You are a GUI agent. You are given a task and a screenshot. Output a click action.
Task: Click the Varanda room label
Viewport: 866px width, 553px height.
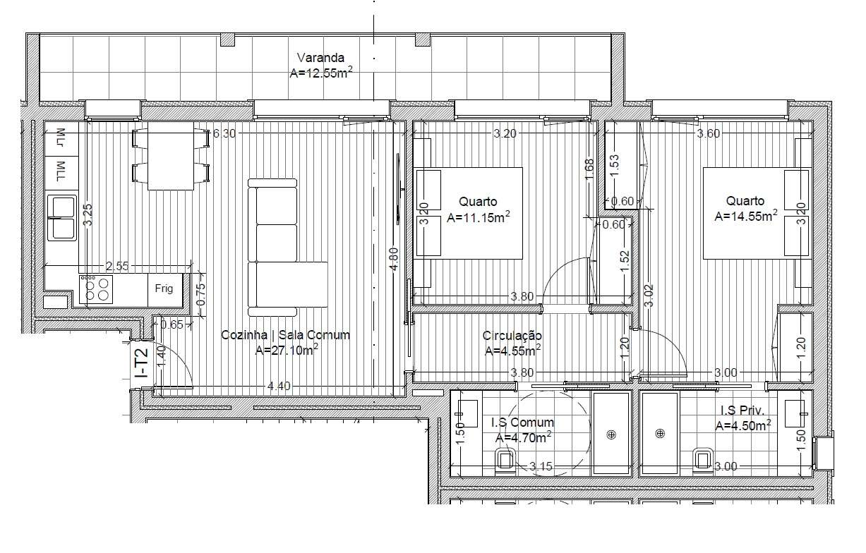click(320, 58)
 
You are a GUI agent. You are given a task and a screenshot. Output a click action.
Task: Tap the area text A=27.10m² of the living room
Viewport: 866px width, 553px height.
click(286, 350)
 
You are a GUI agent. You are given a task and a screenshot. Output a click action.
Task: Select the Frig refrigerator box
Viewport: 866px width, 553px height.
click(164, 289)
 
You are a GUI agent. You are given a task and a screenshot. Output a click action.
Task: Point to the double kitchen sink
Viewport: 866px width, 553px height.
click(61, 217)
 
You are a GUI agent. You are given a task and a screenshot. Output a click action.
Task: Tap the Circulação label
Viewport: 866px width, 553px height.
click(512, 336)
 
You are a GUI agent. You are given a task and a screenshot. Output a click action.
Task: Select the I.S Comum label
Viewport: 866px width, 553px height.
click(522, 423)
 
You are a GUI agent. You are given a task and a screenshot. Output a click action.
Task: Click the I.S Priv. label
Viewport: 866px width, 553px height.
click(742, 411)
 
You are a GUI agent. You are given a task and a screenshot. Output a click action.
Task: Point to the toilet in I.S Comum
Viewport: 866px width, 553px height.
click(504, 460)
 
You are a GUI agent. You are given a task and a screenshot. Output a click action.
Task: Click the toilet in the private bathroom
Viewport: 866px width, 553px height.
click(702, 459)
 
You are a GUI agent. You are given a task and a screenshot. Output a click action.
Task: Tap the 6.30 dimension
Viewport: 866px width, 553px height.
click(224, 134)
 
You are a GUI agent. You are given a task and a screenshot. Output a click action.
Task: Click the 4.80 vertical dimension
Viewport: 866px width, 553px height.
click(395, 257)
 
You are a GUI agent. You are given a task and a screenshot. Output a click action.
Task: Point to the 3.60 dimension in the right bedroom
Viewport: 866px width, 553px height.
click(708, 134)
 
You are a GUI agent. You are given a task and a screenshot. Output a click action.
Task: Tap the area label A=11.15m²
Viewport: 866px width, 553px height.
click(479, 217)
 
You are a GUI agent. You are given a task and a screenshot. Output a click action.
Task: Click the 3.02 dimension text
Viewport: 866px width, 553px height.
click(649, 295)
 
